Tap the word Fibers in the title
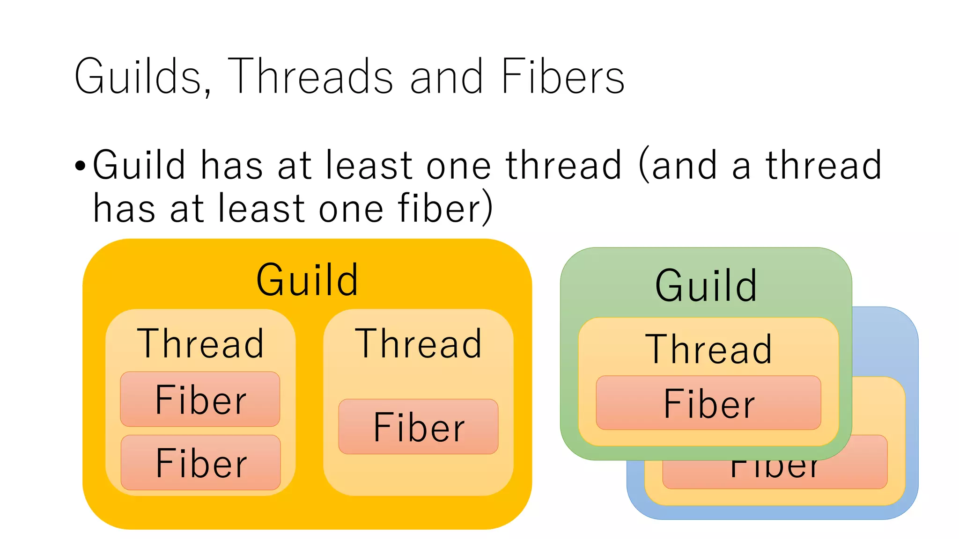562,76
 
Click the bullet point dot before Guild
81,166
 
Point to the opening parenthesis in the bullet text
644,165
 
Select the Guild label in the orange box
307,280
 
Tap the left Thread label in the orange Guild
200,344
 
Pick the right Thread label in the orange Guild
418,344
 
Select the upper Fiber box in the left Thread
200,399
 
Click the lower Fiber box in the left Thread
200,463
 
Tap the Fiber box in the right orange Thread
418,427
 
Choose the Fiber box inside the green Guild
708,403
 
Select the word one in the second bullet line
351,209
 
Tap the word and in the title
446,76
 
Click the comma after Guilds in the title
207,91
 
